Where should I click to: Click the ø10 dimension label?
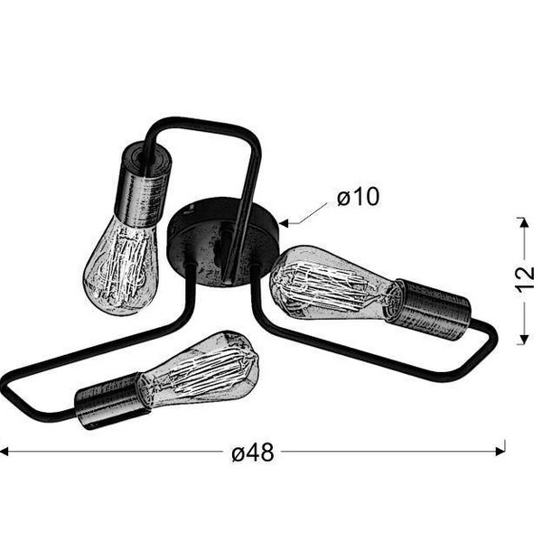358,198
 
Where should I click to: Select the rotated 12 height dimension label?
525,279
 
